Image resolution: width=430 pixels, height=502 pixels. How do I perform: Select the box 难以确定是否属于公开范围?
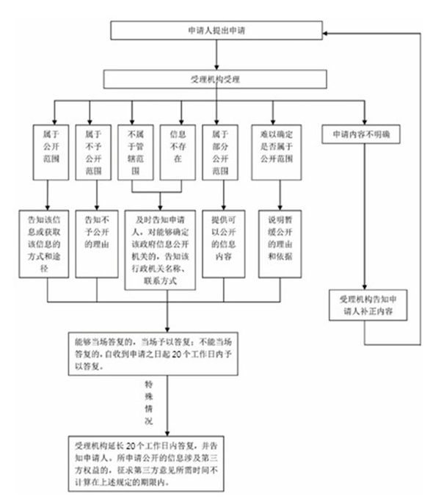click(x=273, y=150)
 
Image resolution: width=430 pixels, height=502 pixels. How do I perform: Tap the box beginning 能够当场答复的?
click(x=150, y=354)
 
